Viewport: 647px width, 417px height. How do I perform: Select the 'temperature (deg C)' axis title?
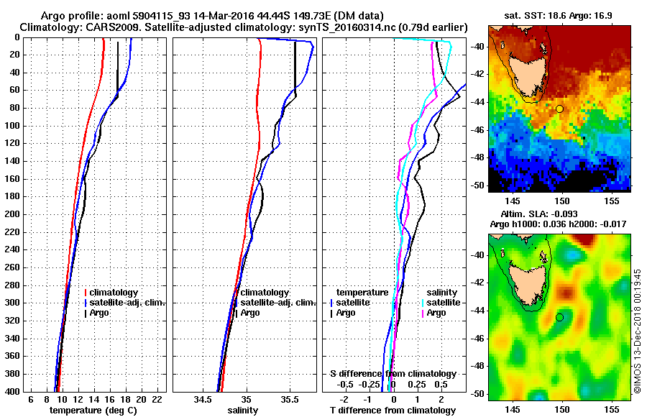(x=93, y=411)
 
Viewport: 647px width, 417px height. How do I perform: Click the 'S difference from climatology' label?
(x=393, y=374)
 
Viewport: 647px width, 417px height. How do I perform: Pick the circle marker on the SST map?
(x=559, y=109)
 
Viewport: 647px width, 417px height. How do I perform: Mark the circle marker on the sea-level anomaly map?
(x=559, y=317)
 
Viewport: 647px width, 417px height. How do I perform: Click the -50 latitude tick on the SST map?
(x=478, y=185)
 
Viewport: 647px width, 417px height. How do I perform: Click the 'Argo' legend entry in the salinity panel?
(x=250, y=313)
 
